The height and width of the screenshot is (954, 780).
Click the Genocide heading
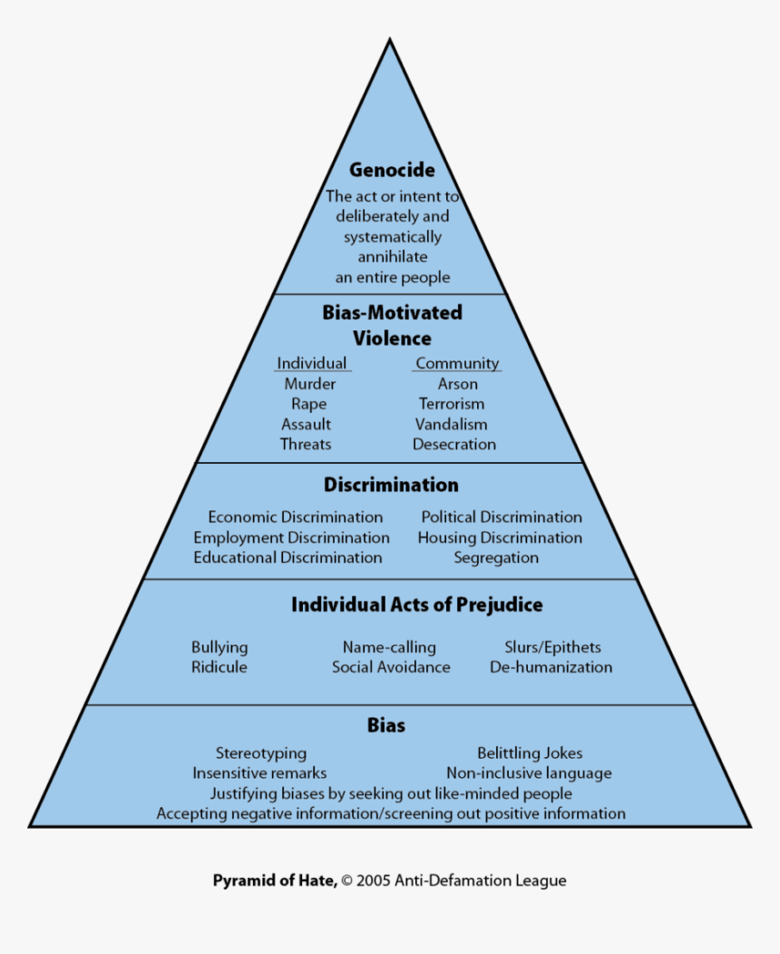[x=392, y=170]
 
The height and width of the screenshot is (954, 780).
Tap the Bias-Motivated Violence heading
[x=392, y=325]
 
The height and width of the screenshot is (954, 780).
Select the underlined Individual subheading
[x=312, y=363]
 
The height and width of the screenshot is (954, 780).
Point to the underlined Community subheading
[x=457, y=363]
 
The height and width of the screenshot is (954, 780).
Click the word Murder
[x=310, y=384]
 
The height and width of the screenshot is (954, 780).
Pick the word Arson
[x=457, y=384]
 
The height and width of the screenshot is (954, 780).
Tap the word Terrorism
[x=452, y=404]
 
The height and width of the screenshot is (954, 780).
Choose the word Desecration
[x=454, y=444]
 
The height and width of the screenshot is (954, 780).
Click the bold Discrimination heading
[x=391, y=485]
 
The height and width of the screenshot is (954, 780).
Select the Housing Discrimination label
[x=500, y=537]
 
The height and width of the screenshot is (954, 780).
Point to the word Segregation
[x=496, y=557]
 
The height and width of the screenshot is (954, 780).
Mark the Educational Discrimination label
[x=288, y=557]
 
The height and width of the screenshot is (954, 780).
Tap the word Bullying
[x=219, y=647]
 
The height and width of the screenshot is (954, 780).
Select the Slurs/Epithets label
[x=552, y=647]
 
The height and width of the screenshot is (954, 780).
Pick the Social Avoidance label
[x=391, y=667]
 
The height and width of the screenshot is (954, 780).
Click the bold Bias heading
[x=386, y=725]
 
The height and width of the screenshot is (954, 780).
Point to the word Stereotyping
[x=261, y=753]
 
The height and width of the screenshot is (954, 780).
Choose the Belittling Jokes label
[x=530, y=753]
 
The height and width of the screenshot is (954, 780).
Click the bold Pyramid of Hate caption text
[x=275, y=880]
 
